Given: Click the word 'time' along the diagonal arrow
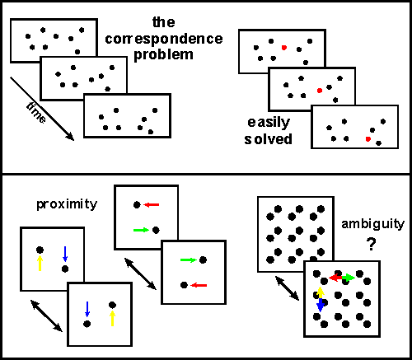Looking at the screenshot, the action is click(36, 113).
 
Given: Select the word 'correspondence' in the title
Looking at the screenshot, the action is click(164, 39).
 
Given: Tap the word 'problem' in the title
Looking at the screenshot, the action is click(163, 55).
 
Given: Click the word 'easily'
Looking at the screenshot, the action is click(269, 123).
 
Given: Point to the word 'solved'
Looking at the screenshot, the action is click(268, 139).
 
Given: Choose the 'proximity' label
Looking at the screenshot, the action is click(67, 204).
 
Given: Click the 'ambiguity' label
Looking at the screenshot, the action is click(372, 225).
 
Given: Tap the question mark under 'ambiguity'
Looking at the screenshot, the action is click(371, 244).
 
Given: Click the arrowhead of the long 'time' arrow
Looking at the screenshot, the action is click(70, 137).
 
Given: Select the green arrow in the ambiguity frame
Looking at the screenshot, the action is click(349, 278).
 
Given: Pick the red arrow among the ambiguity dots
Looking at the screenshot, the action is click(335, 278).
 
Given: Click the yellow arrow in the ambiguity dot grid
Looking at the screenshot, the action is click(320, 292).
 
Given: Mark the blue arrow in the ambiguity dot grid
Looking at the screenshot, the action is click(321, 306).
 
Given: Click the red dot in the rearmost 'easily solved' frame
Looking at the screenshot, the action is click(284, 48).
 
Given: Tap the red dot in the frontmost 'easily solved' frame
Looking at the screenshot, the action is click(368, 139).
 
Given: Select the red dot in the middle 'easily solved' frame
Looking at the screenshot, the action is click(320, 91).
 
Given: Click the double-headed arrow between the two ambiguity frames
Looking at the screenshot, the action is click(287, 288).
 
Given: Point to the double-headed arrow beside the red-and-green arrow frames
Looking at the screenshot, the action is click(141, 274).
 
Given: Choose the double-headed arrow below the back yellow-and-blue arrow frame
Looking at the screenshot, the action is click(46, 316).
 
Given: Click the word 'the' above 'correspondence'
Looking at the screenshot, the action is click(164, 22).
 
